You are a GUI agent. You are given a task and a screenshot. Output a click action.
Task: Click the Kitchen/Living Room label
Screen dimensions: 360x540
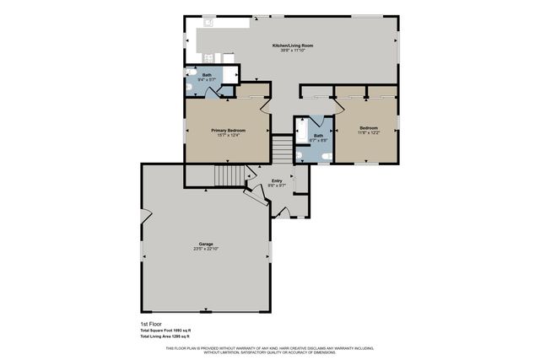[x=290, y=45]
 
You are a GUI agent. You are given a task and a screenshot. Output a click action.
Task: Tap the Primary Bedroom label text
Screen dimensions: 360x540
[x=228, y=131]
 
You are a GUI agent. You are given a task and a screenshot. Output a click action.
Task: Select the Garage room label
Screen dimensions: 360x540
[x=206, y=244]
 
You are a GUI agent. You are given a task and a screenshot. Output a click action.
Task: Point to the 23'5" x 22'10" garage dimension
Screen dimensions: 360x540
[x=206, y=250]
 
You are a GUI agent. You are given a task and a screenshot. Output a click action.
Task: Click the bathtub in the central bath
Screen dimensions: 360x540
[x=301, y=132]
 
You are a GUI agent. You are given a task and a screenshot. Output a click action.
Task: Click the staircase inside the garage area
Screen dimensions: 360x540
[x=229, y=176]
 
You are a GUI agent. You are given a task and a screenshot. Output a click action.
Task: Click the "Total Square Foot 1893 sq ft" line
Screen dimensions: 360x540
[x=165, y=330]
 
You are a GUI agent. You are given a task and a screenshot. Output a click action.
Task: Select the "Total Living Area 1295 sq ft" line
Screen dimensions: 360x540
[x=165, y=336]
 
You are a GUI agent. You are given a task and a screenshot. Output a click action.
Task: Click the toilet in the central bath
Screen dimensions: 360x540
[x=326, y=156]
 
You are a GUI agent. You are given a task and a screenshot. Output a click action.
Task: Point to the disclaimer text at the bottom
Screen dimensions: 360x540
[x=270, y=349]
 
